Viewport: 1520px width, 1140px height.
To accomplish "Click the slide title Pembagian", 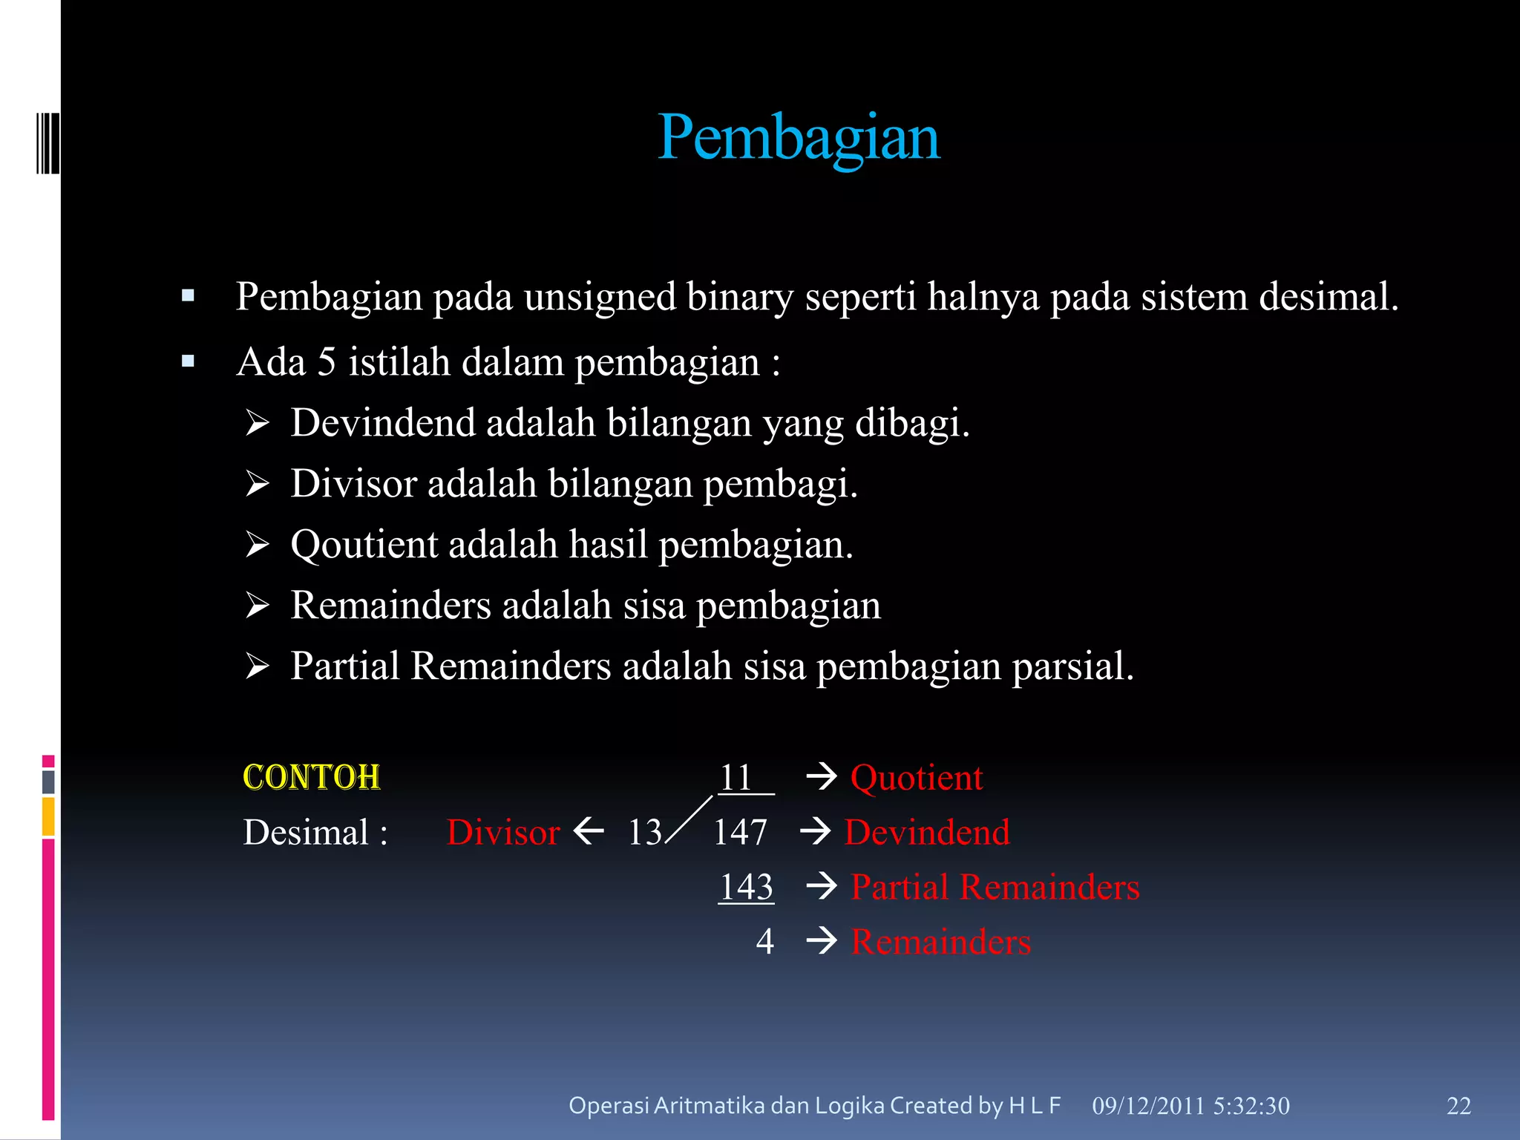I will (799, 138).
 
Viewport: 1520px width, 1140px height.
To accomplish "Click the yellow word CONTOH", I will (312, 778).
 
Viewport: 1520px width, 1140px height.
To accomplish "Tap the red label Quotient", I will (916, 778).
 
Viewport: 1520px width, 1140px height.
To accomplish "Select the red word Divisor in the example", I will (503, 832).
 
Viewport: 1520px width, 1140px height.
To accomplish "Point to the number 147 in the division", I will (740, 832).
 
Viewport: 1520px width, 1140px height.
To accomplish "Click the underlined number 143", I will (747, 887).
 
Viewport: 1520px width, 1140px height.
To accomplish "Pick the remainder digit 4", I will (764, 941).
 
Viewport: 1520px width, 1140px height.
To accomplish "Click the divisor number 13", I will (644, 832).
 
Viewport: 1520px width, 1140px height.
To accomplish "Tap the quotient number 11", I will (736, 778).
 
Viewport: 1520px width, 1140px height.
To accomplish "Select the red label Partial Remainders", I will (995, 887).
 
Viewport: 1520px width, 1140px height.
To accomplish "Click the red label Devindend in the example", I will (927, 832).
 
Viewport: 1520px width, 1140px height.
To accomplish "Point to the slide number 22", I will (1458, 1106).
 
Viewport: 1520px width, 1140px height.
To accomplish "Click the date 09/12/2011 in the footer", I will (1147, 1106).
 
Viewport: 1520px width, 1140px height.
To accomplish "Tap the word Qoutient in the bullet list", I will (364, 545).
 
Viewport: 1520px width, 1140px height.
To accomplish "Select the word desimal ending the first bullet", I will (1328, 297).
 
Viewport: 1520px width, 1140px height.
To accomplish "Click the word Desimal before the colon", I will (306, 832).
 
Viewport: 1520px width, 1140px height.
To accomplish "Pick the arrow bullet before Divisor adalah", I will (258, 484).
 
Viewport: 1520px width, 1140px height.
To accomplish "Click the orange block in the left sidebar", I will (48, 816).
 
